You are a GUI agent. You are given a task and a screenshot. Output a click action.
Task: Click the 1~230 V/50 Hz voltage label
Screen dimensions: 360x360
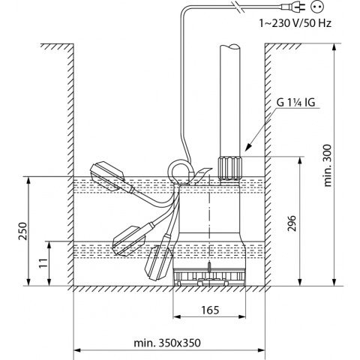click(295, 23)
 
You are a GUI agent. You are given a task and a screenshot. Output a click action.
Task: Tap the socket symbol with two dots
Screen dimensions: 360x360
click(317, 7)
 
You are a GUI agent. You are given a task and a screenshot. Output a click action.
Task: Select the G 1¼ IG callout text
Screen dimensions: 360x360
click(296, 103)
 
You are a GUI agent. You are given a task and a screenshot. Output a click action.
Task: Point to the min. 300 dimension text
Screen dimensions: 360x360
click(328, 165)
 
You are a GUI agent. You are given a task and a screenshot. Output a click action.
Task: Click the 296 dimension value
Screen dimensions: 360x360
click(292, 223)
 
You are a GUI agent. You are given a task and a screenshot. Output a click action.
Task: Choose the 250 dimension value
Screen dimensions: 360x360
click(23, 230)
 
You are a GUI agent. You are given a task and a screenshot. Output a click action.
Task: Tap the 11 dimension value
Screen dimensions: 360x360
click(44, 263)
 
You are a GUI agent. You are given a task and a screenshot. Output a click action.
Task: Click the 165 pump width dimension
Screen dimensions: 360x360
click(210, 310)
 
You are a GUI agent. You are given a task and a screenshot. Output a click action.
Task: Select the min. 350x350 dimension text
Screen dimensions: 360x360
click(167, 343)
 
